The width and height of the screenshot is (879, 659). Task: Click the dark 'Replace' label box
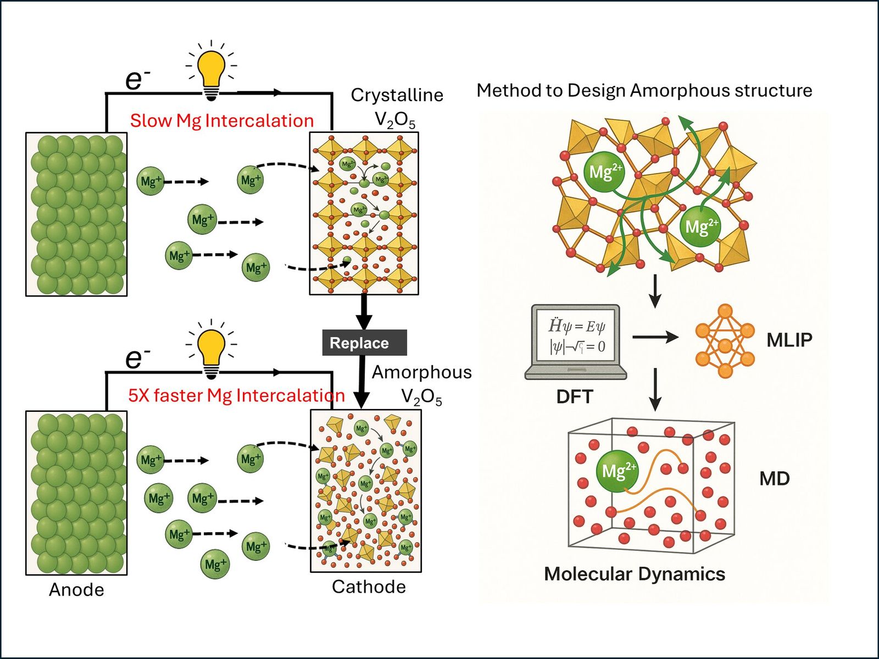tap(364, 343)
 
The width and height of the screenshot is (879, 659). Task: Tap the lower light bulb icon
tap(212, 349)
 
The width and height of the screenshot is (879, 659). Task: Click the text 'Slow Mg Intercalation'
tap(221, 120)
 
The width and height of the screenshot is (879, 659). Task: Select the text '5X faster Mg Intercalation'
tap(236, 395)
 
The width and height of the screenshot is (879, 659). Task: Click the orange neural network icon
tap(725, 341)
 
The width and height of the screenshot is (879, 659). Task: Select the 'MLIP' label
tap(789, 340)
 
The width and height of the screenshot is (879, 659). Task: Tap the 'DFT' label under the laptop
tap(574, 396)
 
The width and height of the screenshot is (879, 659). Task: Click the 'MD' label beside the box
tap(774, 478)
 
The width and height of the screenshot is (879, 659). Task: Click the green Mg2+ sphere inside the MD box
tap(617, 471)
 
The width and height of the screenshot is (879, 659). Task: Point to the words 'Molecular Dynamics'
tap(635, 574)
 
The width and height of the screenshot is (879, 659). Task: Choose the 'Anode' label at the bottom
tap(76, 589)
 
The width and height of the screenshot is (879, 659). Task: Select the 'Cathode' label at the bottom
tap(369, 587)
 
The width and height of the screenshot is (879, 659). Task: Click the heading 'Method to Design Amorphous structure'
tap(644, 90)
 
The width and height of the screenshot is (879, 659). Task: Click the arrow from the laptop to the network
tap(655, 337)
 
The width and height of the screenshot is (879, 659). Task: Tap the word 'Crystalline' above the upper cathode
tap(397, 95)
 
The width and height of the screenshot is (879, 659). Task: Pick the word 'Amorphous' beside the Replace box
tap(421, 372)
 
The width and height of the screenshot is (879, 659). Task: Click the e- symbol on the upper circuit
tap(137, 80)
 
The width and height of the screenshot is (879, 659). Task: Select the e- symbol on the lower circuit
tap(137, 358)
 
